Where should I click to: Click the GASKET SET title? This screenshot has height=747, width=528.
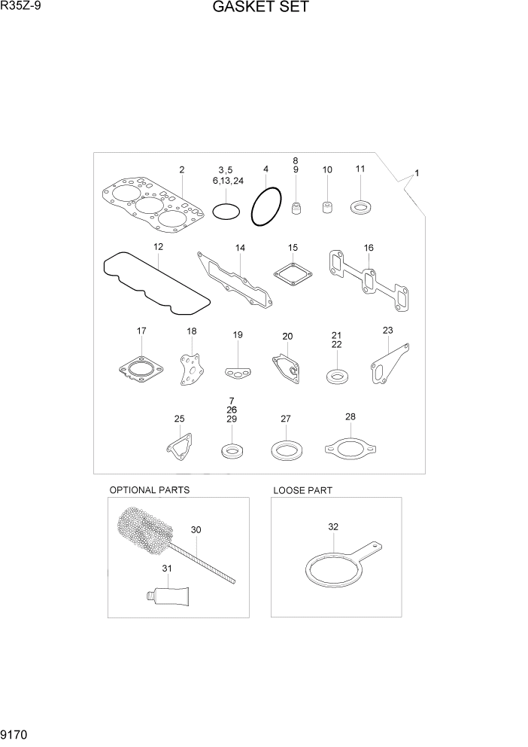point(260,8)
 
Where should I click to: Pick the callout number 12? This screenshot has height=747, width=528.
point(158,247)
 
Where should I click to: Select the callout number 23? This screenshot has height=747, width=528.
point(387,330)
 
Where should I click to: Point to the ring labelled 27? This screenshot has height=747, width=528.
point(285,451)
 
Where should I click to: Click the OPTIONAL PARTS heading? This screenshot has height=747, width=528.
point(150,490)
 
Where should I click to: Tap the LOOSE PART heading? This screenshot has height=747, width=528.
point(302,490)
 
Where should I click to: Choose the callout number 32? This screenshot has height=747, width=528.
point(333,527)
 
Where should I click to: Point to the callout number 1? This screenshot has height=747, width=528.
point(417,173)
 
